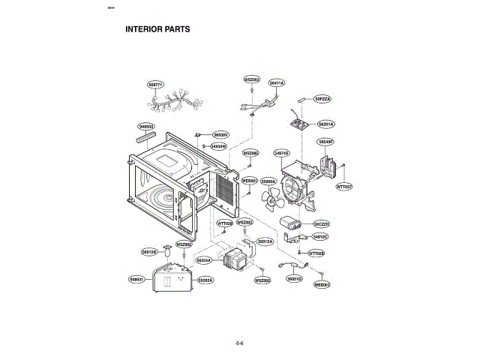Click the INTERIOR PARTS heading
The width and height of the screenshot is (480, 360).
tap(157, 30)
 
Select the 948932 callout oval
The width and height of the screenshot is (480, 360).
tap(145, 126)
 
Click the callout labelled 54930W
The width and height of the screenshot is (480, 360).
tap(218, 146)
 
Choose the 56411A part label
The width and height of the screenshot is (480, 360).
tap(277, 82)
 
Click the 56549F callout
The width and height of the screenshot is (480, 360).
tap(325, 141)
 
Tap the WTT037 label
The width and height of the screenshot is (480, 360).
tap(343, 186)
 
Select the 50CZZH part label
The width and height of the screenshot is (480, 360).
tap(322, 223)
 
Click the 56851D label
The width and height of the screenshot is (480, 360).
tap(294, 278)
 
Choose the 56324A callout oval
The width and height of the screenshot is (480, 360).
tap(204, 259)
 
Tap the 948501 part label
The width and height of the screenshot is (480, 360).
tap(136, 279)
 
